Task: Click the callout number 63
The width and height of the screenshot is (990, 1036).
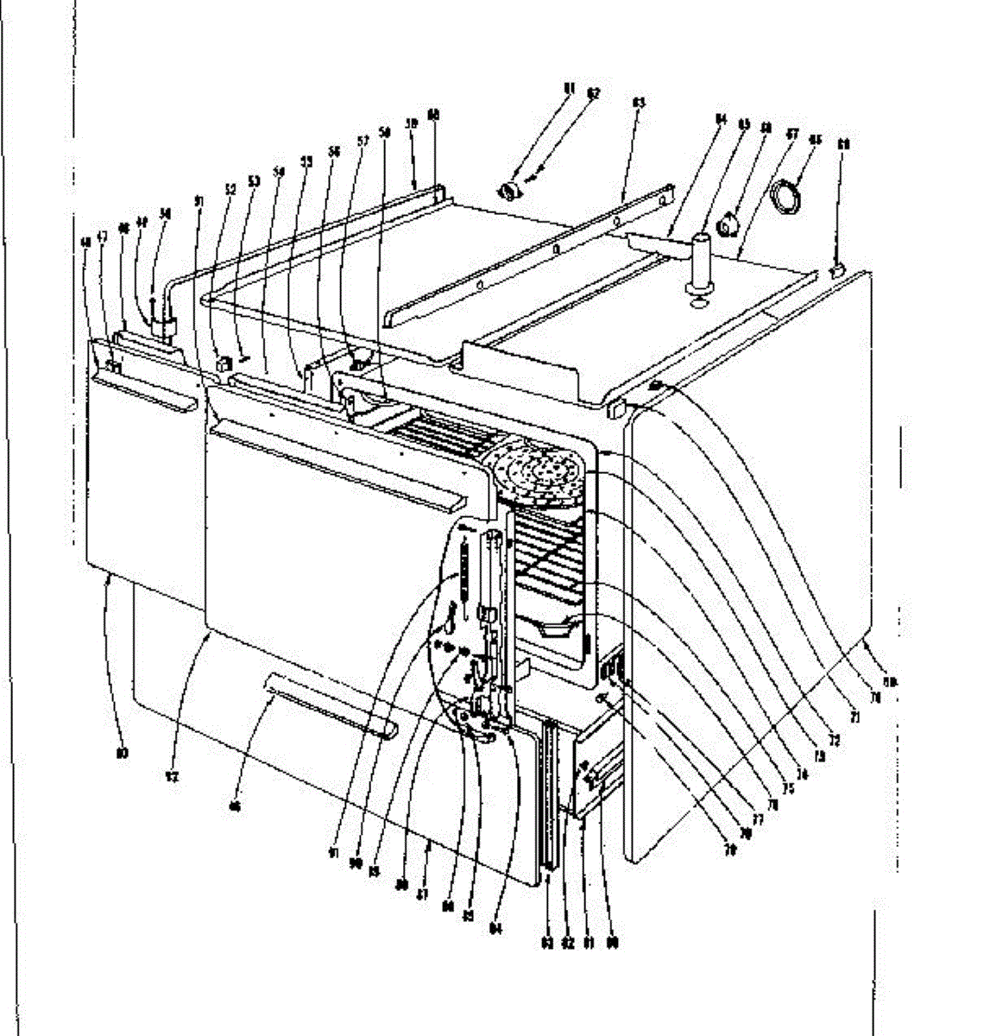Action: (640, 103)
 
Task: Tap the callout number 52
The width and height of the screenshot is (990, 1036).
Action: (230, 186)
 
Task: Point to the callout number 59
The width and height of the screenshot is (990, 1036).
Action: (412, 124)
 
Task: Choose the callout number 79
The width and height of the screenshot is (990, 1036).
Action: (730, 850)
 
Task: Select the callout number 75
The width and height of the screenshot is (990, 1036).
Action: (787, 787)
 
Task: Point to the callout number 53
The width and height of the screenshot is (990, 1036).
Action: (254, 181)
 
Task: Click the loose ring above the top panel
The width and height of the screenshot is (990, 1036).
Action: (787, 197)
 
